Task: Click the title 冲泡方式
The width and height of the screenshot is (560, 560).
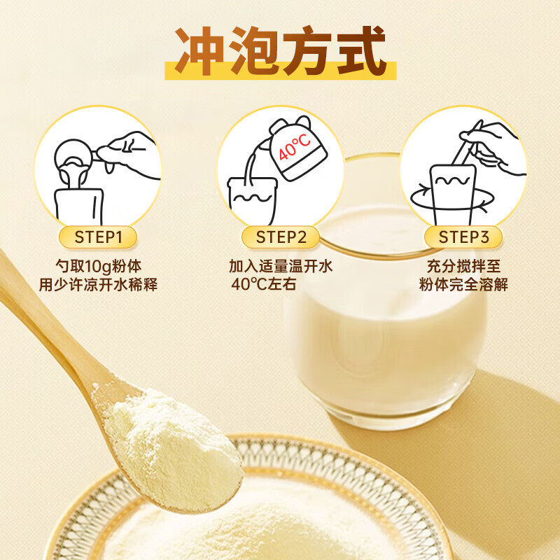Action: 280,52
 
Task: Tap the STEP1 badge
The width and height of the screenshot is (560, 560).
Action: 98,237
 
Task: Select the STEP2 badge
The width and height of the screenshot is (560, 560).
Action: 281,237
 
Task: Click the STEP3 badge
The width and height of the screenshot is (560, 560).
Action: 463,237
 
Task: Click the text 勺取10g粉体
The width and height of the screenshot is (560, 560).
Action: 99,267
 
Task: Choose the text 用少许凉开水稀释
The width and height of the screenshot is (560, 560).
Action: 99,285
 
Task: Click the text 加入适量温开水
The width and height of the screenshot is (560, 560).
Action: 281,267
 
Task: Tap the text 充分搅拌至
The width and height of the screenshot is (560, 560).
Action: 463,267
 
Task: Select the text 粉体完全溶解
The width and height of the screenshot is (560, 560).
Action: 463,285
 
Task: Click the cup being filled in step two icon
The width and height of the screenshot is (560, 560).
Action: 252,199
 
